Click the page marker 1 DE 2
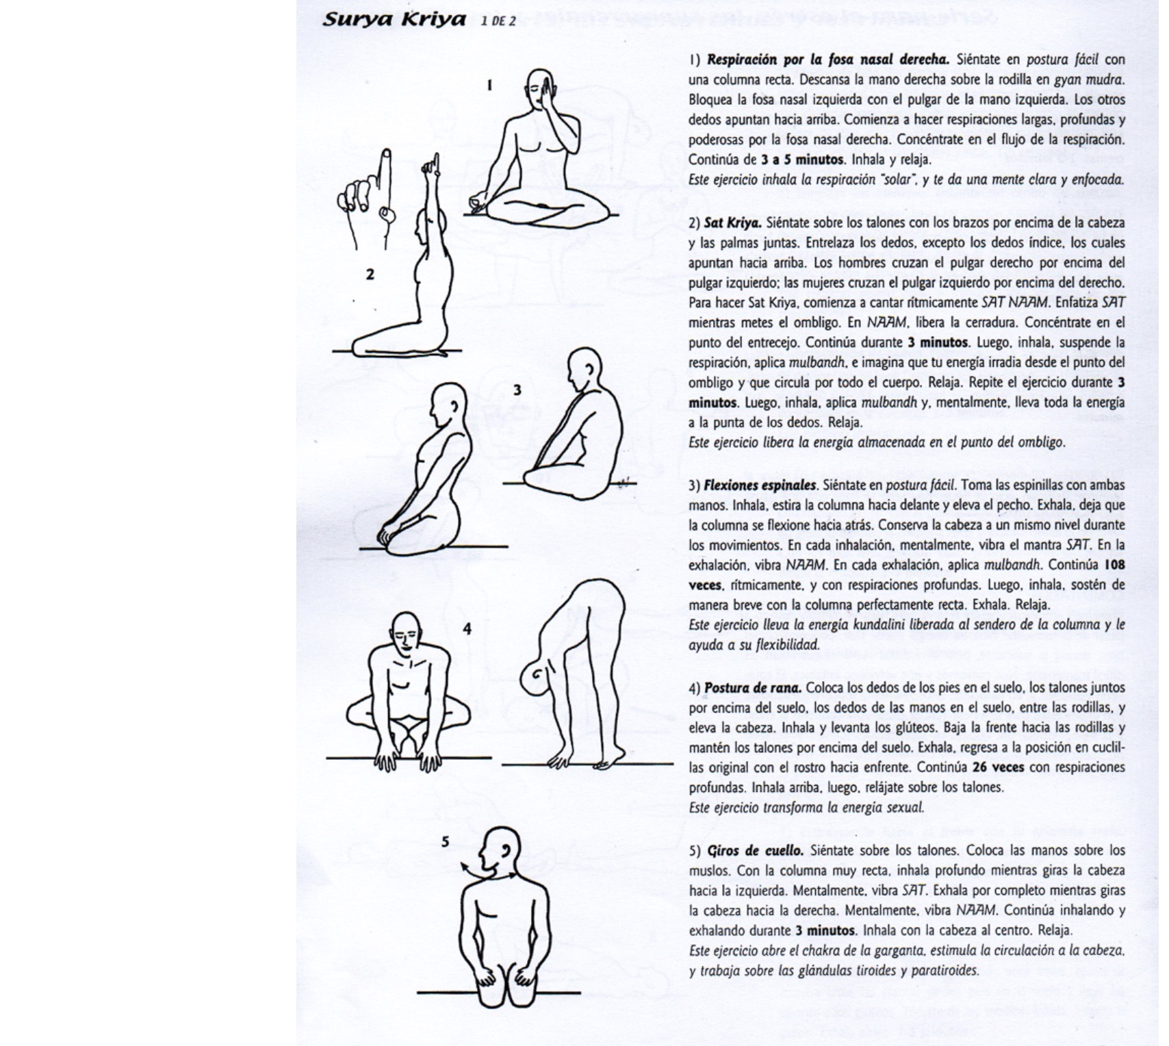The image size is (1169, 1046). (498, 21)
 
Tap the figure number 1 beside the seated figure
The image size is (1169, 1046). (489, 85)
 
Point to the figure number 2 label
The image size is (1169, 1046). (370, 275)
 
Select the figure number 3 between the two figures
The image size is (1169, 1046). (517, 390)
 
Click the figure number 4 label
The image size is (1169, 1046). (467, 628)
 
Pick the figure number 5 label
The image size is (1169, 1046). (445, 841)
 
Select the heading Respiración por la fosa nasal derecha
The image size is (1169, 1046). (827, 60)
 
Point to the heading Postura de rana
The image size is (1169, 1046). (752, 687)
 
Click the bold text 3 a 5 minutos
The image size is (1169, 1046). (802, 160)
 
